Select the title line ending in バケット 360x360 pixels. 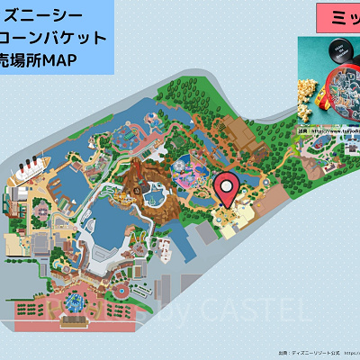click(x=56, y=38)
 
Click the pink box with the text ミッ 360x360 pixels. click(x=337, y=18)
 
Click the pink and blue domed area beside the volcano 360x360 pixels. click(x=193, y=172)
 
